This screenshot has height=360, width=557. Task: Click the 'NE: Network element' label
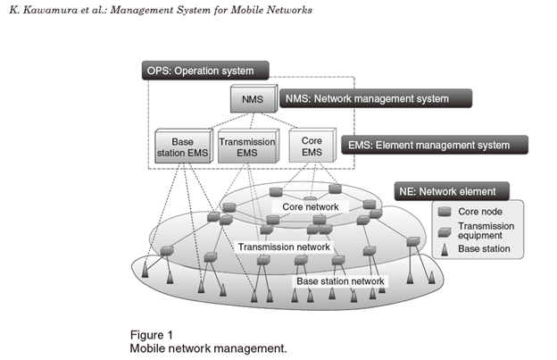pos(451,190)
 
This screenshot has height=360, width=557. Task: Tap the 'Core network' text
pos(310,207)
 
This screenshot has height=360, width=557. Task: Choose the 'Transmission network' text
pos(283,247)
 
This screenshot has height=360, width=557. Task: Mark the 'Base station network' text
pos(340,281)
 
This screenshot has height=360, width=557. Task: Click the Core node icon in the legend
pos(445,211)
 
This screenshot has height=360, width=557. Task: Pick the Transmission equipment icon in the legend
pos(445,230)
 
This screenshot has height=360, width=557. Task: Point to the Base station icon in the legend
pos(444,249)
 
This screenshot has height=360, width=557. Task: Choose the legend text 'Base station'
pos(484,249)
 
